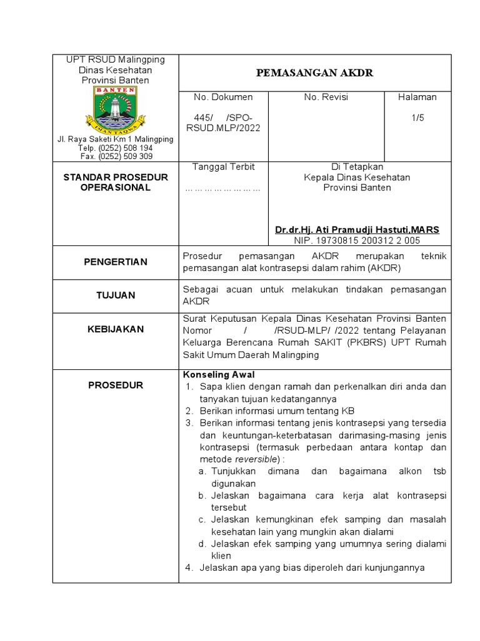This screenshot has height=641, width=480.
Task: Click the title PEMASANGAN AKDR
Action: click(314, 73)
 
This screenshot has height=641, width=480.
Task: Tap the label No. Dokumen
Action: click(223, 97)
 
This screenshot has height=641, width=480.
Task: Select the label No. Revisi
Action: click(326, 97)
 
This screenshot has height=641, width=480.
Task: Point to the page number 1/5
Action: click(417, 118)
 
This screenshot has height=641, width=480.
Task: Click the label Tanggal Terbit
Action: click(223, 167)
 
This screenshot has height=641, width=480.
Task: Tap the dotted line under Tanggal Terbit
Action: click(223, 188)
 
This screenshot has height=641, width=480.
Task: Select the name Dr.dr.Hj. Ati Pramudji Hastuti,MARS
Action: click(357, 230)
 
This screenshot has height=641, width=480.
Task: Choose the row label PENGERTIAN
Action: click(116, 262)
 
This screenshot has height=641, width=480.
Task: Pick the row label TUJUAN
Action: click(116, 295)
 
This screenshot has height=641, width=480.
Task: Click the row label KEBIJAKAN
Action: click(116, 329)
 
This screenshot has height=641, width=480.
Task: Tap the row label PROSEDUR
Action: click(116, 385)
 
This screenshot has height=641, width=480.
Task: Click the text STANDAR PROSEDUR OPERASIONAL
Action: click(116, 182)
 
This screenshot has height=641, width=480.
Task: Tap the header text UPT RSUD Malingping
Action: click(116, 59)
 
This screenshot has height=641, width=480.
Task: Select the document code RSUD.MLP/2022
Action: click(223, 128)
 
